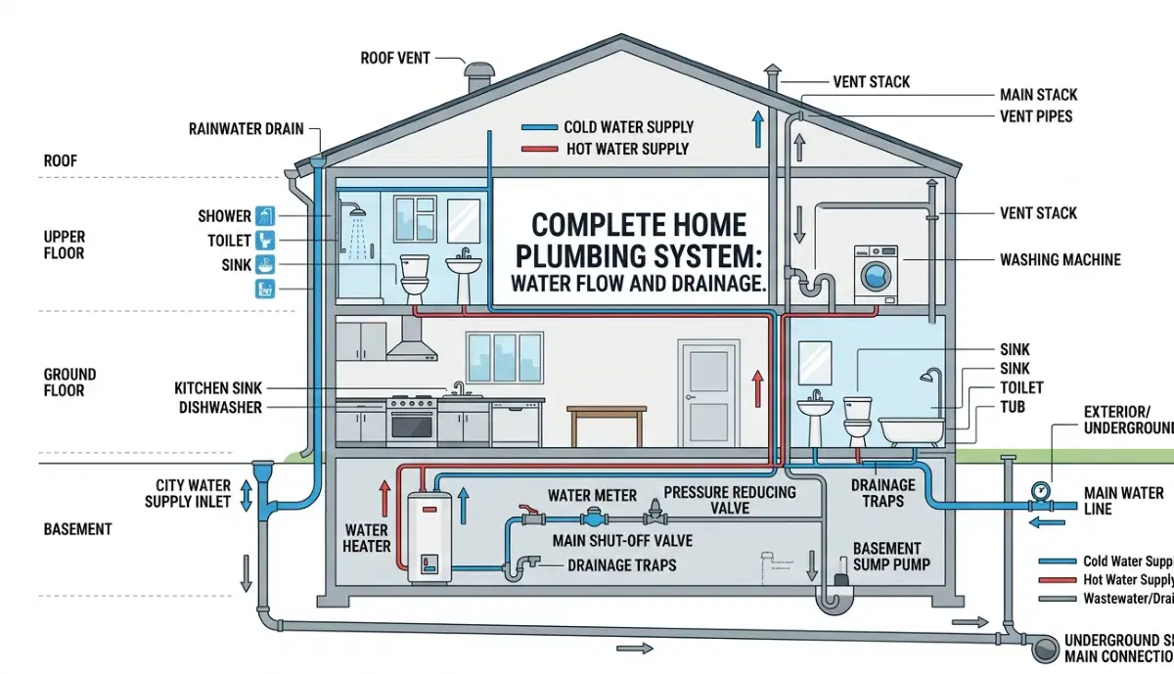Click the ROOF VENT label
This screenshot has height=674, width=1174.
(396, 58)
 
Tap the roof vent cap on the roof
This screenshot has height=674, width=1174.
(479, 74)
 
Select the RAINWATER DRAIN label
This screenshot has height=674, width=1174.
(246, 128)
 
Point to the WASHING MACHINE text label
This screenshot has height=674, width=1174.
(1060, 260)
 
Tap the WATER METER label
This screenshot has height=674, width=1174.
(592, 495)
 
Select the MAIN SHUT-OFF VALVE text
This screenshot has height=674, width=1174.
(622, 541)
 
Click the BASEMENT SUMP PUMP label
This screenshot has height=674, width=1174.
(886, 557)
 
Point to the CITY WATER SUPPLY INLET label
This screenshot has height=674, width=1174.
(188, 493)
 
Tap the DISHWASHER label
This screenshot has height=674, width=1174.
(220, 407)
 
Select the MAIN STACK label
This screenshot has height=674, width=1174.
(1038, 95)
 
